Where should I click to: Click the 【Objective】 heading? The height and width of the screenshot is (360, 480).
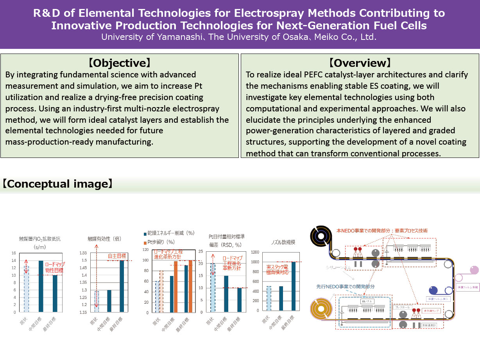coord(119,63)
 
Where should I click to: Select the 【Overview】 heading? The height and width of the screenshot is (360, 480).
coord(360,63)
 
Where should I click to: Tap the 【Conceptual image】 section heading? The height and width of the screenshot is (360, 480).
coord(57,184)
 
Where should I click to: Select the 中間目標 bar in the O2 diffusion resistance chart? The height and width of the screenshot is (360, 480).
coord(41,286)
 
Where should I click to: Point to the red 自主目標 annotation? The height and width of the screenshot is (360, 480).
coord(117,256)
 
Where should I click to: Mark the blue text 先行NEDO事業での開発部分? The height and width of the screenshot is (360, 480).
coord(345,287)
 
